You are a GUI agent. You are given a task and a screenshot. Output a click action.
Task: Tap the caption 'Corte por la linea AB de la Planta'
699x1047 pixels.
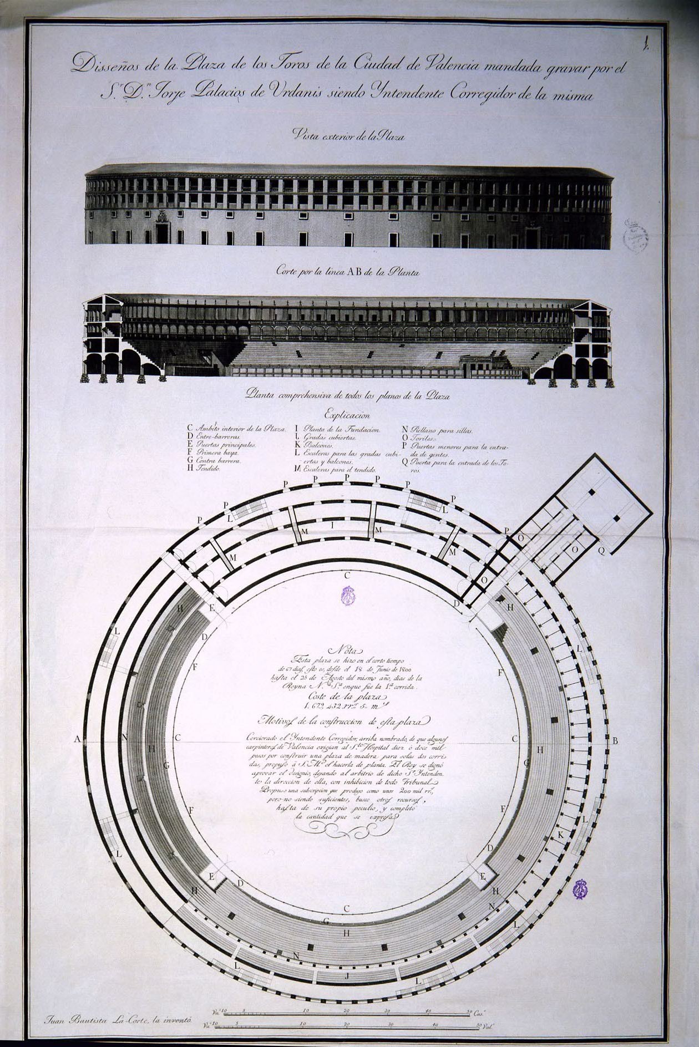coord(348,272)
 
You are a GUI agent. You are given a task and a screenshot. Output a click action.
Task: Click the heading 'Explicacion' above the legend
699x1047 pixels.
coord(347,414)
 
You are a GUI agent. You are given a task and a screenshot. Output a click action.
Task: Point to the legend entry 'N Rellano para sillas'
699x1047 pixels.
coord(438,429)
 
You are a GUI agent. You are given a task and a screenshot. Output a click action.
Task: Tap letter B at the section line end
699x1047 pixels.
coord(615,740)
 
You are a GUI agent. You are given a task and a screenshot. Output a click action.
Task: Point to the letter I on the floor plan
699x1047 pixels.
coord(332,525)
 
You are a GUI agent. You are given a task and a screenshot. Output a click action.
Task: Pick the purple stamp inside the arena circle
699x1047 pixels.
coord(348,595)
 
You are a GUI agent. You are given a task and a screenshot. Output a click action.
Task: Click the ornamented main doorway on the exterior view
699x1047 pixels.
coord(162,228)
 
